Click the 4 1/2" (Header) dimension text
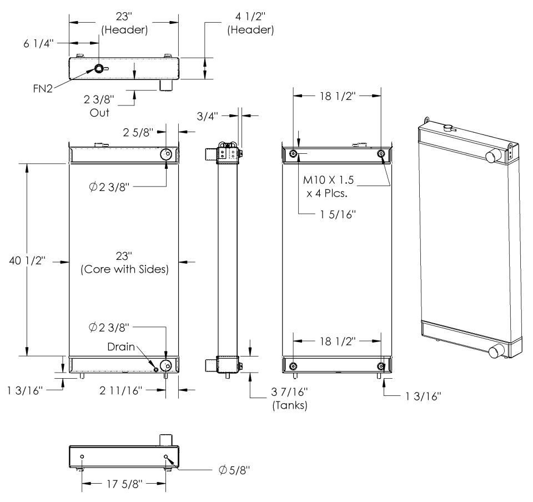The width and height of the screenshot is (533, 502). [250, 24]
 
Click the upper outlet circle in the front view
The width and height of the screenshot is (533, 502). [167, 154]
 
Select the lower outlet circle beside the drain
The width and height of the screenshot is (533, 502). [166, 365]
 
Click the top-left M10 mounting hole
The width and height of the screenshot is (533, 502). [294, 154]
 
